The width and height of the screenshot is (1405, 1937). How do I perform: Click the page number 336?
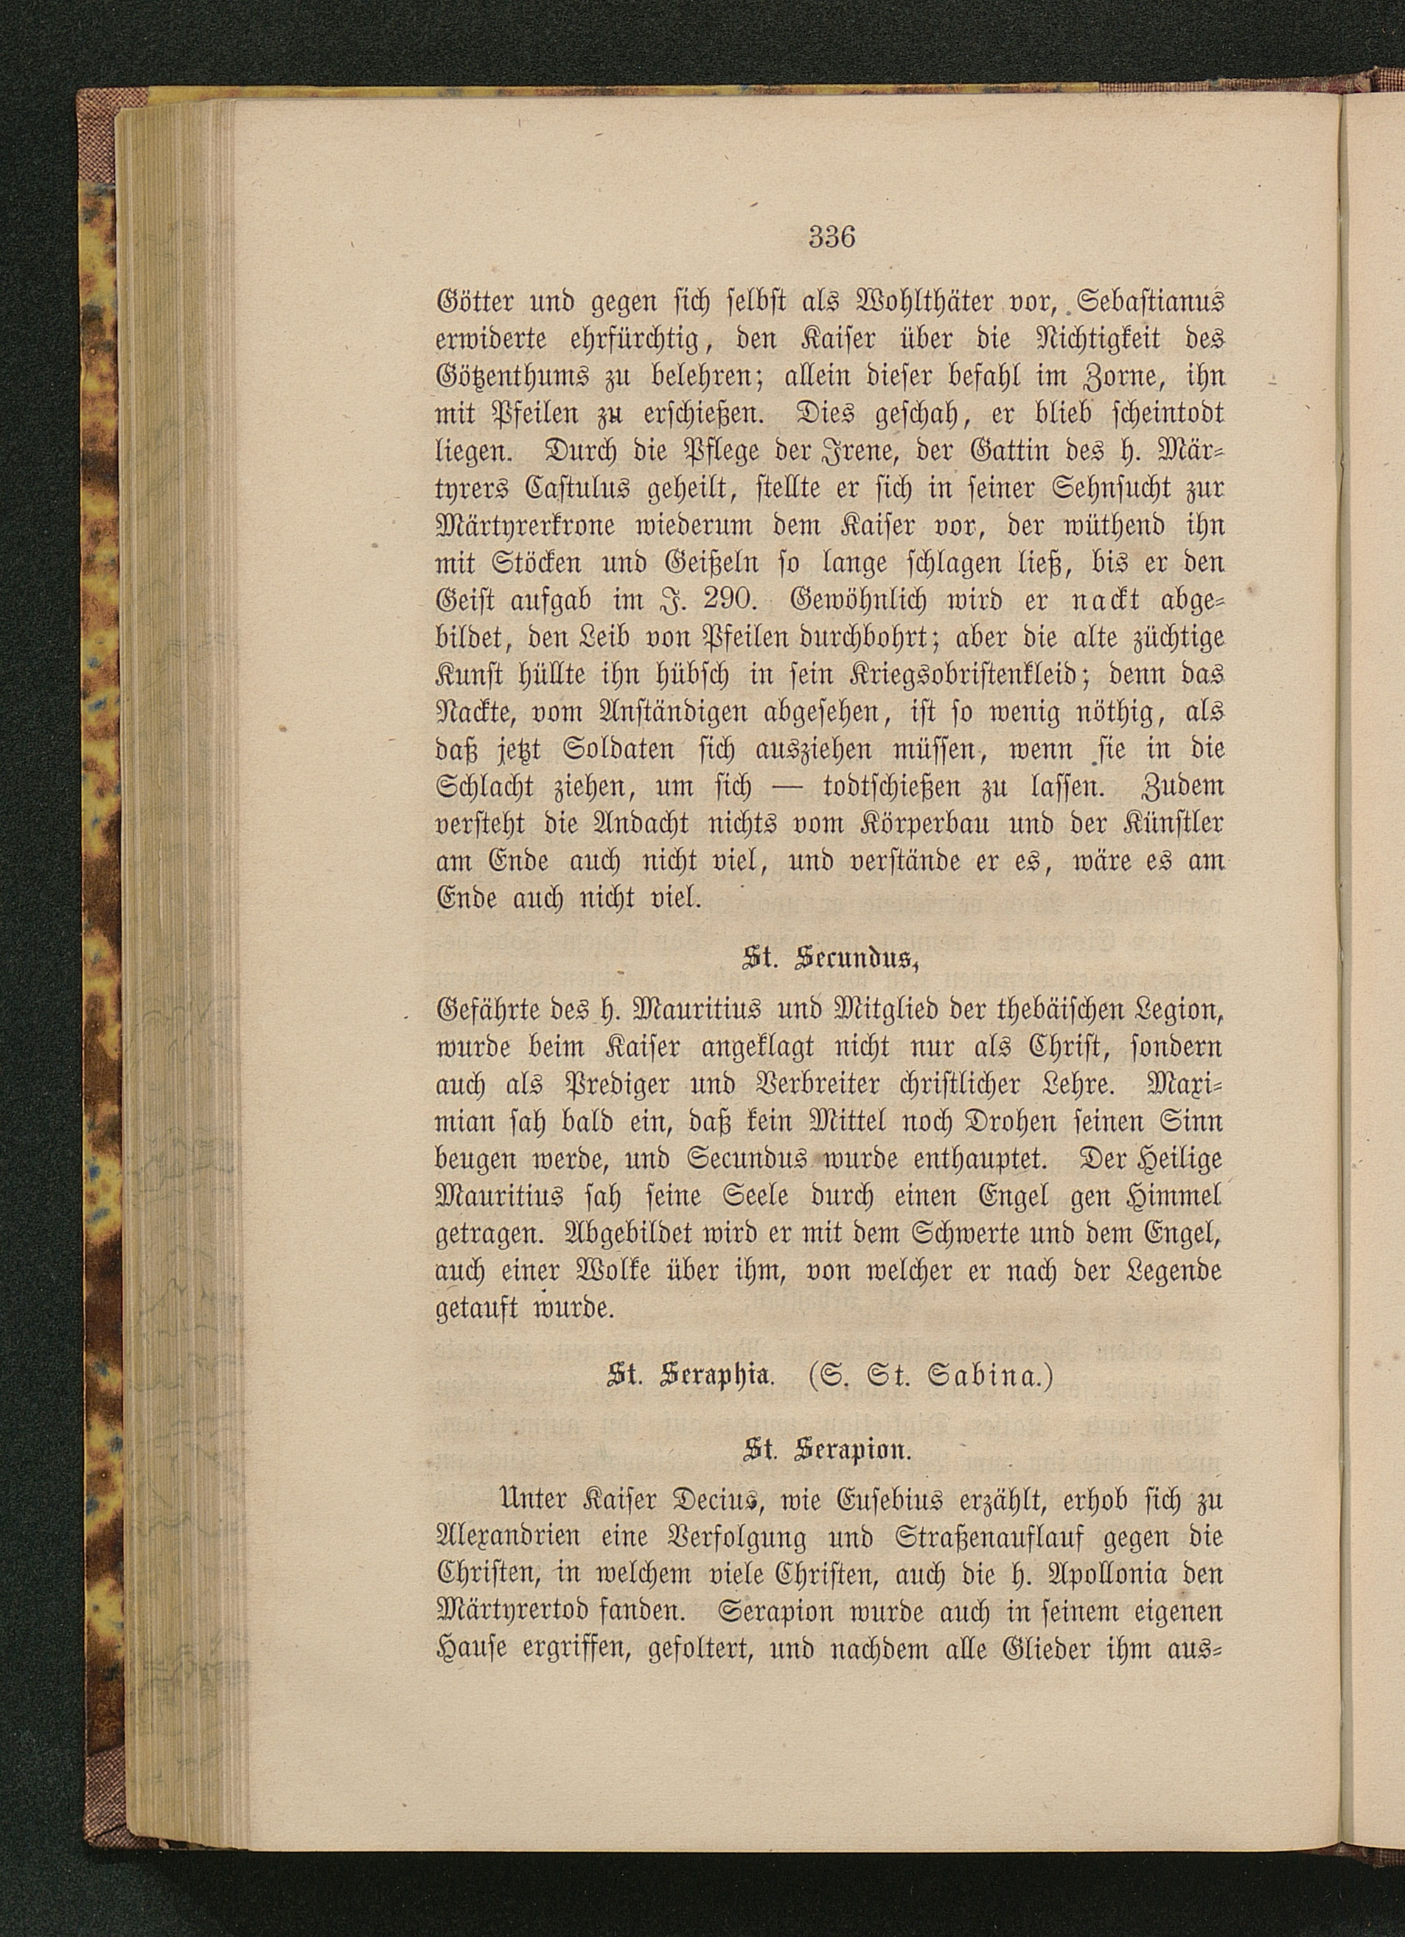coord(831,237)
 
